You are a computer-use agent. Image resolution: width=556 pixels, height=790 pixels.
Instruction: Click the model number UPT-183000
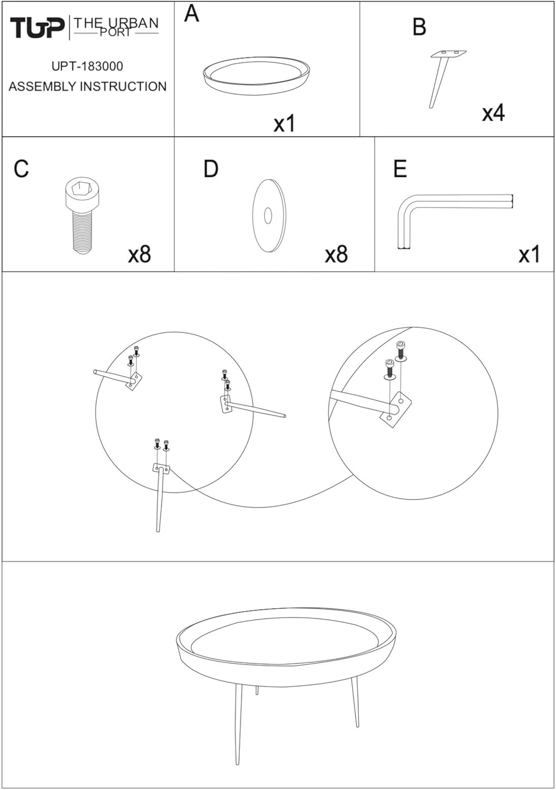(x=87, y=66)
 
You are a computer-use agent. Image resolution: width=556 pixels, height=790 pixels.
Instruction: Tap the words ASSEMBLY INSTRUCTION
(x=87, y=86)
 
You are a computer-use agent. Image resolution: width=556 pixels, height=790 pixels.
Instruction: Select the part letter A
(x=192, y=14)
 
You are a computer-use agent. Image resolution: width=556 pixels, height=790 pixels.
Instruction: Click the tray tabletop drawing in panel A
(x=257, y=76)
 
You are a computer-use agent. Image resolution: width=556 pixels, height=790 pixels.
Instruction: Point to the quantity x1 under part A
(x=285, y=124)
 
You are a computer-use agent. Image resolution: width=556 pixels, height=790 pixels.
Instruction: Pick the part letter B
(x=419, y=27)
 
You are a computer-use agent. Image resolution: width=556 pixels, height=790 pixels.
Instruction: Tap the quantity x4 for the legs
(x=493, y=113)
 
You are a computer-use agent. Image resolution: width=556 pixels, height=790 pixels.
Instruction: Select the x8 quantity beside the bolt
(x=140, y=254)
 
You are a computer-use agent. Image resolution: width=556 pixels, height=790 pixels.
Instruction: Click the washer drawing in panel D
(x=269, y=215)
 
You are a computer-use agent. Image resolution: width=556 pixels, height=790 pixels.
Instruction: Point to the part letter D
(x=211, y=169)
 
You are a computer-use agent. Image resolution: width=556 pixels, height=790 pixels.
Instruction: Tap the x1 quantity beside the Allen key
(x=529, y=254)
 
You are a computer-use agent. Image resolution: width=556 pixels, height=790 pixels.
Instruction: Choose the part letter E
(x=400, y=169)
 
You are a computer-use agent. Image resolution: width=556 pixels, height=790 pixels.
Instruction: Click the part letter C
(x=21, y=169)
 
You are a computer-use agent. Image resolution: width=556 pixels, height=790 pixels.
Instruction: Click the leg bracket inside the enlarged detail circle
(x=396, y=409)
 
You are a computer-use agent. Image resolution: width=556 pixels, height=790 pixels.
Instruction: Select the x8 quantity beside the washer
(x=336, y=254)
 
